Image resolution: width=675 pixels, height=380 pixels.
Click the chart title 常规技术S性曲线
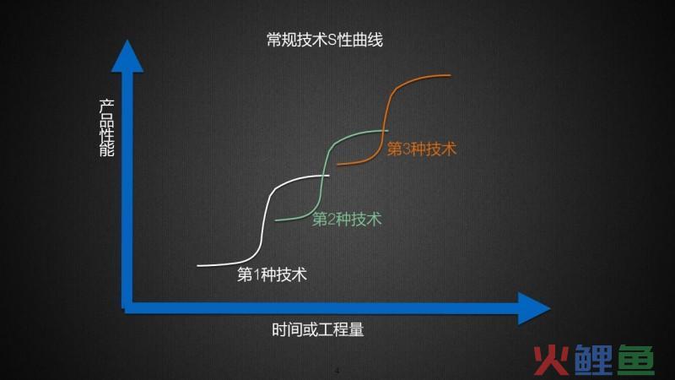pos(325,40)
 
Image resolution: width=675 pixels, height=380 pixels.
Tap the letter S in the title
pos(332,41)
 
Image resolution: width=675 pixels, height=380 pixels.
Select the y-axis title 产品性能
pos(107,128)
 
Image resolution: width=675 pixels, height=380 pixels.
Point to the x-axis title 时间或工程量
pos(318,329)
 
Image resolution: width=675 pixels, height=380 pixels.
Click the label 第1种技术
pos(272,274)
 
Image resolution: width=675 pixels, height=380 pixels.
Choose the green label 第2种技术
pos(347,219)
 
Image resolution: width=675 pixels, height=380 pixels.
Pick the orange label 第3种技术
pos(421,149)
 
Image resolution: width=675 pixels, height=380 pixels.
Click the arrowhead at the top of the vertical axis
pos(127,56)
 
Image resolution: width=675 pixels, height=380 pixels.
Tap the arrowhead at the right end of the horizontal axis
pos(534,308)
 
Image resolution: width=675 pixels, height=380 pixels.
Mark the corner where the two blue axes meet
pos(127,308)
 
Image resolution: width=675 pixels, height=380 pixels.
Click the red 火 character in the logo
pos(551,361)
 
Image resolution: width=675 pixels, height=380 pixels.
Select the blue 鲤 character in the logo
pos(593,361)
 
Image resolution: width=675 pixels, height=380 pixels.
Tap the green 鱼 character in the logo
pos(636,361)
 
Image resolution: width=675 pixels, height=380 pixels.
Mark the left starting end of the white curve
pos(198,265)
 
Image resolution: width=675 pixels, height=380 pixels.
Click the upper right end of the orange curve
pos(451,75)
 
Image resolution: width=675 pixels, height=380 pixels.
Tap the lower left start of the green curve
pos(276,220)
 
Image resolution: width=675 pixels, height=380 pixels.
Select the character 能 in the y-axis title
pos(107,150)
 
